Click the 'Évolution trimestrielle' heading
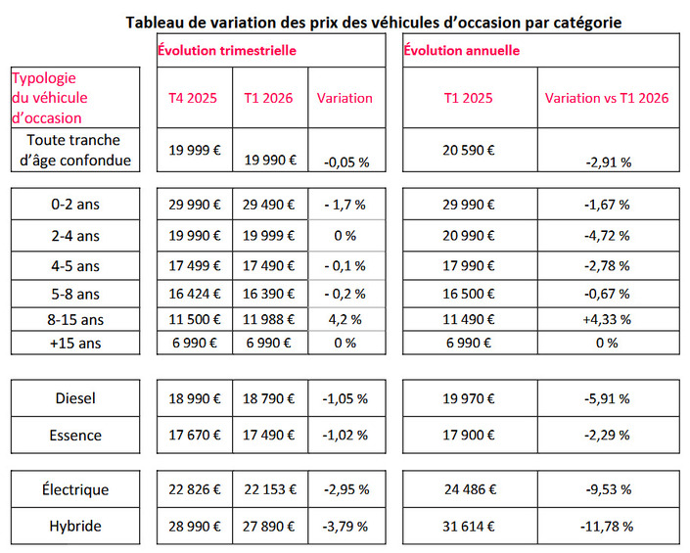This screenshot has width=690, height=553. coord(227,49)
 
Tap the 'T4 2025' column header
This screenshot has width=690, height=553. coord(194,98)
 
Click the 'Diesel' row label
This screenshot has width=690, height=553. coord(77,398)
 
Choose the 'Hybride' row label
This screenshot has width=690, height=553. coord(77,526)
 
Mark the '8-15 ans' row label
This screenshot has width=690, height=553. coord(77,318)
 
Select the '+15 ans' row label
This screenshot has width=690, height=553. coord(77,343)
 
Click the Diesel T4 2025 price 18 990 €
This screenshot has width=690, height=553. coord(194,398)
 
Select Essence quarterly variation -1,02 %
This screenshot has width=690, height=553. coord(345,434)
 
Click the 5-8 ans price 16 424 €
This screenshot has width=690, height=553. coord(194,293)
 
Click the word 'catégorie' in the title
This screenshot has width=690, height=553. coord(585,21)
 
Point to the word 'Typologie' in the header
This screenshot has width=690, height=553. coord(43,77)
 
